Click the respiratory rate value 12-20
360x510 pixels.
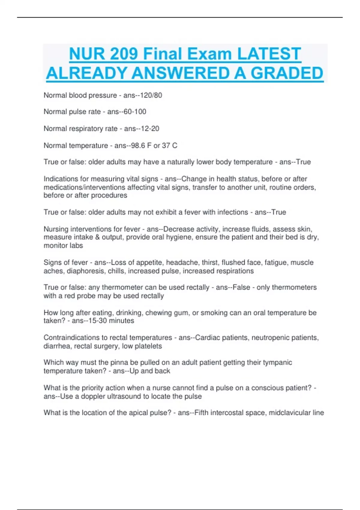coord(150,129)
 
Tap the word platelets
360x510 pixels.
coord(148,346)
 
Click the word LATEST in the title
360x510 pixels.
coord(269,54)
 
